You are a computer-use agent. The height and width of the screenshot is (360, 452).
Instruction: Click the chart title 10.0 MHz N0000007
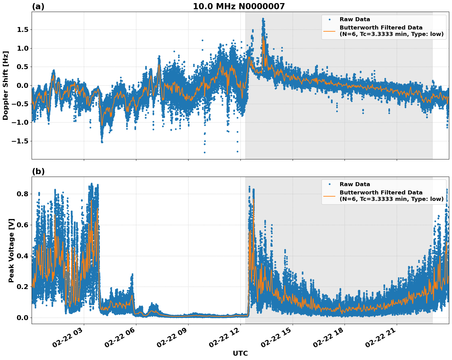tap(239, 6)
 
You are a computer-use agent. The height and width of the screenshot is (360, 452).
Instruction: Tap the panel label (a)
tap(38, 6)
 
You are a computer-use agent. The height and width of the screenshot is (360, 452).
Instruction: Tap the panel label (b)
tap(38, 171)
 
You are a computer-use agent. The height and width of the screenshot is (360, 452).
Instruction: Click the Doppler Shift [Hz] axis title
tap(6, 85)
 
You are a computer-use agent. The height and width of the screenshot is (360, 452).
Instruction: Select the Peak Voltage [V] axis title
tap(11, 250)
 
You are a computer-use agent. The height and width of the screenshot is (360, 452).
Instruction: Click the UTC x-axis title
tap(240, 353)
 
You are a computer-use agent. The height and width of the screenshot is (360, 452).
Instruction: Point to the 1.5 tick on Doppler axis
tap(22, 30)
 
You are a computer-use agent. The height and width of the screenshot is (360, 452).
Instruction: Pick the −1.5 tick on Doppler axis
tap(20, 141)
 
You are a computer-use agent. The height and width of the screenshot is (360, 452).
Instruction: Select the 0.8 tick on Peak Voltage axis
tap(22, 194)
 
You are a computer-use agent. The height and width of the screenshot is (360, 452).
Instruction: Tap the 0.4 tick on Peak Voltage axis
tap(22, 256)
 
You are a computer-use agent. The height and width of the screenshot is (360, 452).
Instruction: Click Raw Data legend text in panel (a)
tap(355, 19)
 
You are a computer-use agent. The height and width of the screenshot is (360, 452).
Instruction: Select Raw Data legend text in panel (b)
tap(355, 184)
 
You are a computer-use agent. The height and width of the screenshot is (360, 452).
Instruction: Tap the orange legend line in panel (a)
tap(329, 31)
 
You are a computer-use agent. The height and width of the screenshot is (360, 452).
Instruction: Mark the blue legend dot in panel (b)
tap(329, 184)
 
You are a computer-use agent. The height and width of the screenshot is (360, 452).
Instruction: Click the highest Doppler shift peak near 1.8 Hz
tap(263, 19)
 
